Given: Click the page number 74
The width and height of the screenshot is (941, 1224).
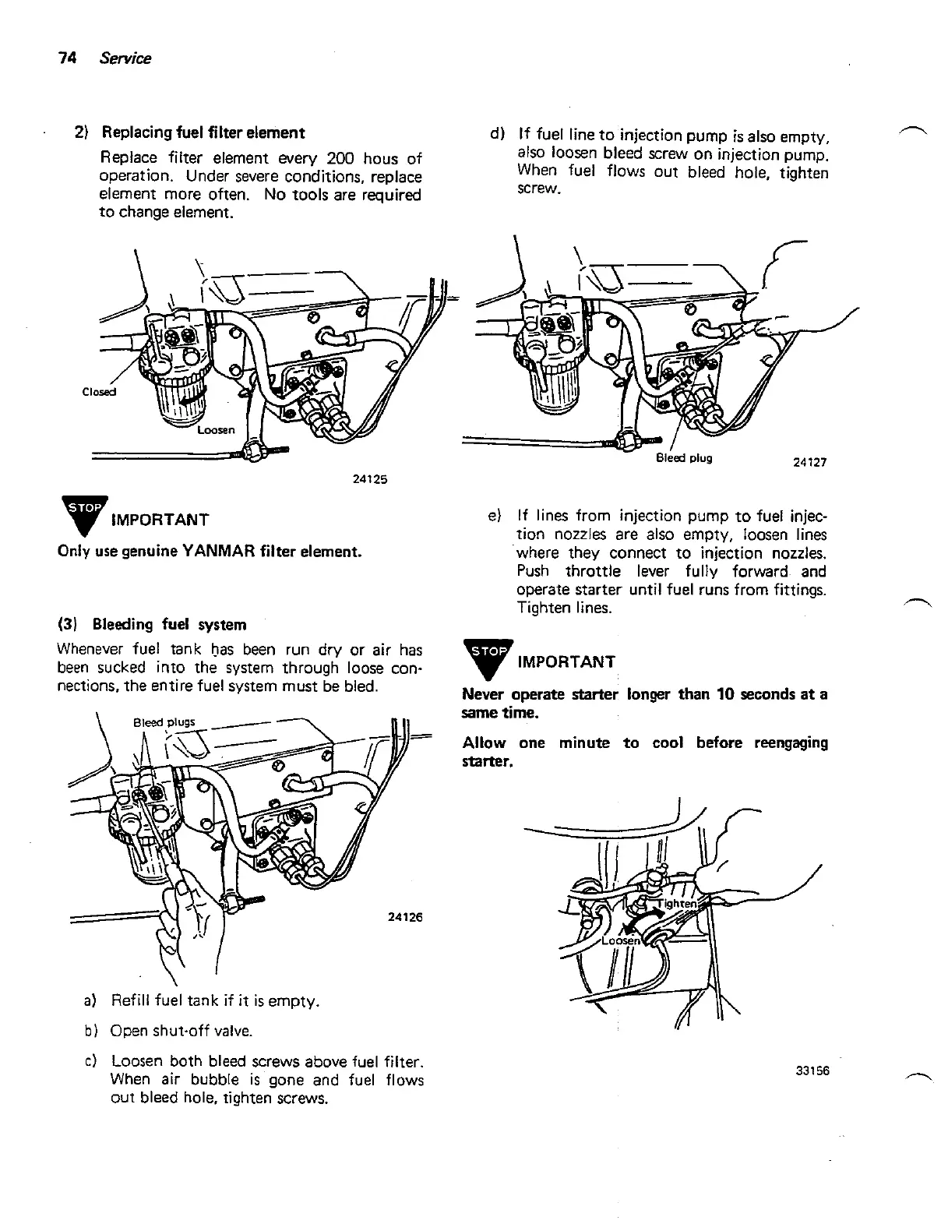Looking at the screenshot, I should pyautogui.click(x=65, y=58).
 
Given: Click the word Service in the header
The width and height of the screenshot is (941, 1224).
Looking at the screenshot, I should pyautogui.click(x=125, y=58).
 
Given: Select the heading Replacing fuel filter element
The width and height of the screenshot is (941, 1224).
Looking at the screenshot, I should pyautogui.click(x=203, y=132).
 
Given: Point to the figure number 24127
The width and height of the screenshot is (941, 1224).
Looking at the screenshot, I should pyautogui.click(x=809, y=462).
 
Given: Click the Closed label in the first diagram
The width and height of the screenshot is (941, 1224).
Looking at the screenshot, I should pyautogui.click(x=99, y=392).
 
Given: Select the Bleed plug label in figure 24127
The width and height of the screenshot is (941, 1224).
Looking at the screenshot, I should pyautogui.click(x=684, y=457).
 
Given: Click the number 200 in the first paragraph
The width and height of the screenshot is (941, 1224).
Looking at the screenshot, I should pyautogui.click(x=341, y=158).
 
